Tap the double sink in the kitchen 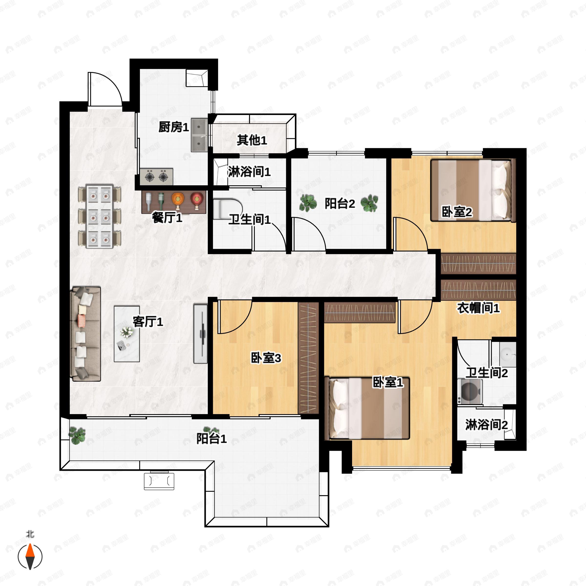click(199, 135)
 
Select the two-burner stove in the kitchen click(157, 177)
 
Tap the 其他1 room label click(252, 140)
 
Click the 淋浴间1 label click(249, 172)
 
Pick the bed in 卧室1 click(367, 408)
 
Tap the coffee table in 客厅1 click(127, 334)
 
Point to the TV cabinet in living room click(200, 334)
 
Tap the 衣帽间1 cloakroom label click(478, 308)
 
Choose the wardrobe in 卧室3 click(308, 358)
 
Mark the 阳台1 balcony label click(211, 439)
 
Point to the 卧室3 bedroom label click(266, 358)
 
